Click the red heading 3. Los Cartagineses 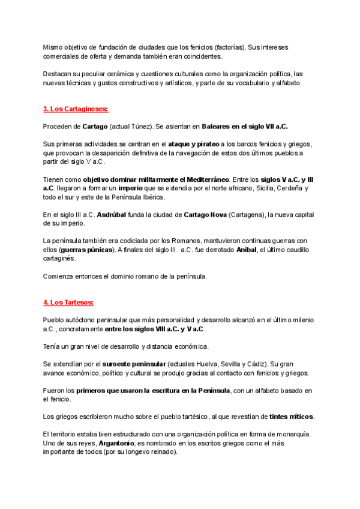pyautogui.click(x=76, y=109)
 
